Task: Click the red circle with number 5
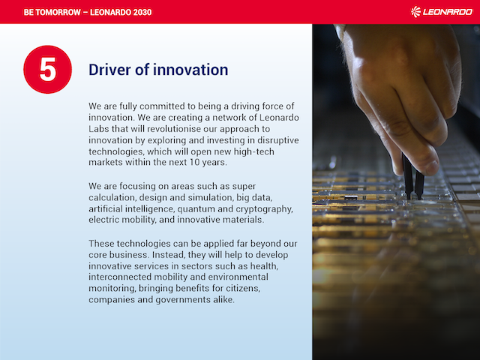(x=48, y=70)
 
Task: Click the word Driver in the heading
(x=110, y=70)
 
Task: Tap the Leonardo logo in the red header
(x=442, y=12)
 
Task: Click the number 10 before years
(x=194, y=162)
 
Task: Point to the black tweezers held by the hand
(x=413, y=177)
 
